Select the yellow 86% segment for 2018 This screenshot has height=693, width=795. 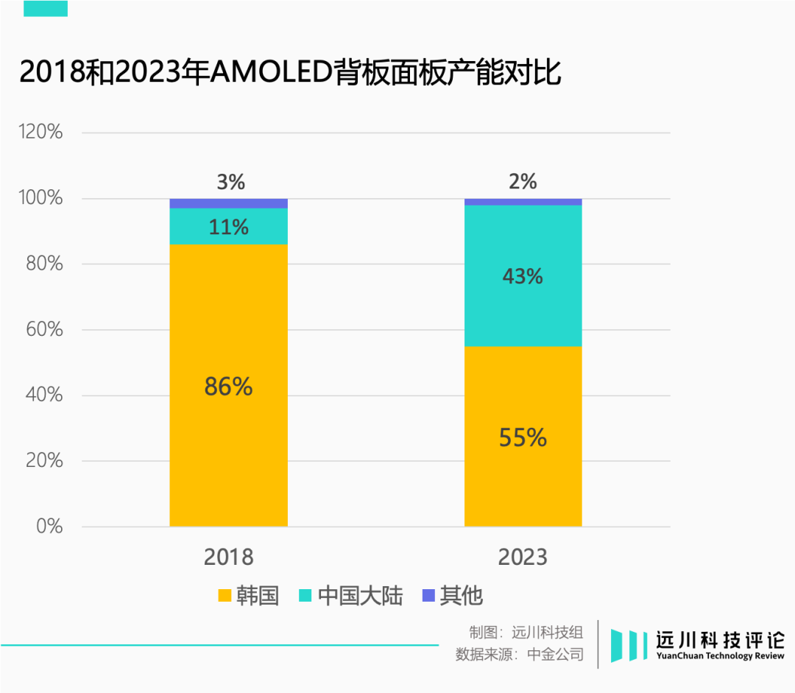[x=228, y=385]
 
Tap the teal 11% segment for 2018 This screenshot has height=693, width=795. [x=228, y=227]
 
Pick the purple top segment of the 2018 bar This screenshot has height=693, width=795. [x=228, y=203]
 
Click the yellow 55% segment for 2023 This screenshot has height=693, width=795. [x=523, y=437]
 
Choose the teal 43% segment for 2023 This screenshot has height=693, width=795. [x=523, y=276]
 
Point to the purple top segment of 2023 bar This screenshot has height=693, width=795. [x=523, y=202]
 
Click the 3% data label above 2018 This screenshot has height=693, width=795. [x=230, y=182]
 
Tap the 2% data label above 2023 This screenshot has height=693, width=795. [x=523, y=181]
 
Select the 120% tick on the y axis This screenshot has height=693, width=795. [x=40, y=133]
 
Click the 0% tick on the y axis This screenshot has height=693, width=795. [x=49, y=527]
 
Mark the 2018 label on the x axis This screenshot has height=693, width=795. [x=228, y=557]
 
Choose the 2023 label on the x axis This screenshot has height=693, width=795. [x=523, y=557]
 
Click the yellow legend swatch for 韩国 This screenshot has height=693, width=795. [x=225, y=596]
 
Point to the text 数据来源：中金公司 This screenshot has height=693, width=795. [x=519, y=654]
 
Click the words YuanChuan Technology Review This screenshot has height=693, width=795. [x=720, y=656]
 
